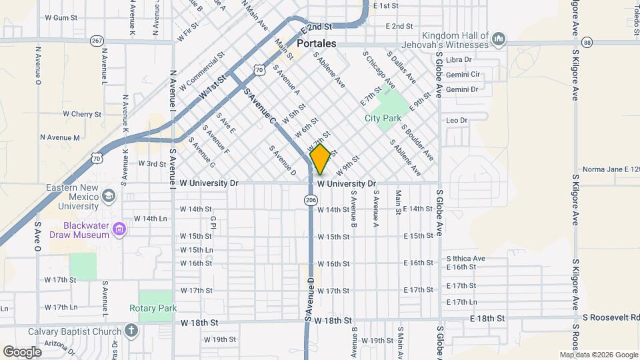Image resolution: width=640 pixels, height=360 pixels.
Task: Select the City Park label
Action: point(383,118)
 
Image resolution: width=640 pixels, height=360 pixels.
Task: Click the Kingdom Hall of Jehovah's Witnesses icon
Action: point(497,41)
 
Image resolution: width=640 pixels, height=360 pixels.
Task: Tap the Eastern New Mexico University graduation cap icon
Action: point(109,197)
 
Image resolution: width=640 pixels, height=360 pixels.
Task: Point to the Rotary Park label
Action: point(153,309)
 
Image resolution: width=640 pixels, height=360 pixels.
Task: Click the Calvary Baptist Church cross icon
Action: point(131,331)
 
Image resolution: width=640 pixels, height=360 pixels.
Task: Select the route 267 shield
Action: point(97,41)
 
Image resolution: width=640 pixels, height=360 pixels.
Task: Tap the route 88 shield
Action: point(587,43)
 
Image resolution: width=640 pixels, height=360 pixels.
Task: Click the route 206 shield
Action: point(311,200)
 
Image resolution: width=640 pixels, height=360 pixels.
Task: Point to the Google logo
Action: point(22,351)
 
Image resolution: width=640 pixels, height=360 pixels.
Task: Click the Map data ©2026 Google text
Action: point(598,355)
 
